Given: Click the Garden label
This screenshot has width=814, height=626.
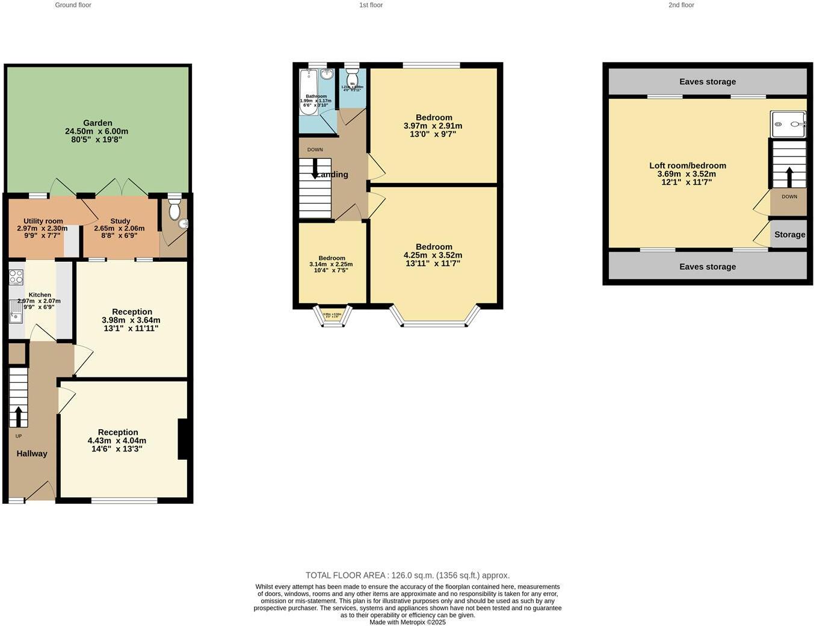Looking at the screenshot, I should (x=97, y=123).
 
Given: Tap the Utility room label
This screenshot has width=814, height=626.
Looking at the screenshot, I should (x=43, y=221).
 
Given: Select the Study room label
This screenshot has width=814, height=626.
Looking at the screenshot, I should (x=120, y=221).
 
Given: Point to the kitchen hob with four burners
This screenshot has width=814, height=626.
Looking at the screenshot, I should (x=16, y=277).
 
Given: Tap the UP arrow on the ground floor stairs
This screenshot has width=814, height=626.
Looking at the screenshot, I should (x=18, y=416).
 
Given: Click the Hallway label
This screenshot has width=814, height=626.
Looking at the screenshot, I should (x=32, y=454).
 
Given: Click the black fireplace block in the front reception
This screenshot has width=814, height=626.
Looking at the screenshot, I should (x=184, y=439).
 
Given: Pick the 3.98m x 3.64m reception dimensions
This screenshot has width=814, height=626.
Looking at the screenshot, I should (x=131, y=320).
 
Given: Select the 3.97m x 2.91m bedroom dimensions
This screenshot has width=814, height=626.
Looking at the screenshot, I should (x=433, y=126).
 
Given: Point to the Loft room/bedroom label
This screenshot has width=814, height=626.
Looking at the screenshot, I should (x=687, y=166).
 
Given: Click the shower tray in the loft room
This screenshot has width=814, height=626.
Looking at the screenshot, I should (x=788, y=125).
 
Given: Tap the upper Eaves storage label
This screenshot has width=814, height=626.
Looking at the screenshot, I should (x=708, y=82).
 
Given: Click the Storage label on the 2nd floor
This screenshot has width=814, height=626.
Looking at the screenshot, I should (x=789, y=235).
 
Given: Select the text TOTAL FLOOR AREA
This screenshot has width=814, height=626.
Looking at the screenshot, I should (x=345, y=575).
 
